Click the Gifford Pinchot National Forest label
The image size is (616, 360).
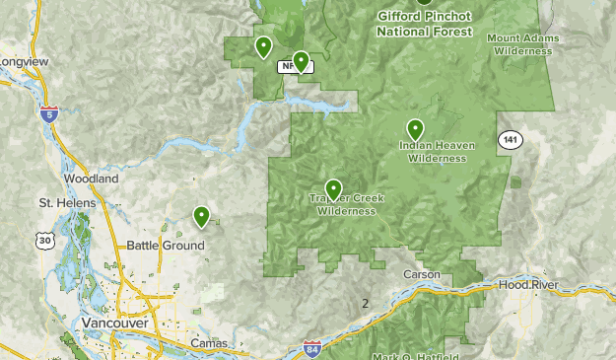424,24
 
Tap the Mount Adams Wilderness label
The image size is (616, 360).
523,44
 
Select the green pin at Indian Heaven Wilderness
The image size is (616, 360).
416,129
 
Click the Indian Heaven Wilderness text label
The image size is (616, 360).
437,152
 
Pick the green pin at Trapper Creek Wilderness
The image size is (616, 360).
333,189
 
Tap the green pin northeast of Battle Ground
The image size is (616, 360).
201,216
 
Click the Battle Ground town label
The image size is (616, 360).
166,246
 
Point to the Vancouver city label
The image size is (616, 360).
114,324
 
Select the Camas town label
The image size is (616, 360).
209,343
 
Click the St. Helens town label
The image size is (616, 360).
67,203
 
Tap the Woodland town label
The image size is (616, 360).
92,179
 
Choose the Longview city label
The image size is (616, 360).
24,61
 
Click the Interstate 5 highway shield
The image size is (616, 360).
48,115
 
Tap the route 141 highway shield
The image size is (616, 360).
509,139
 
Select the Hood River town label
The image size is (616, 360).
528,284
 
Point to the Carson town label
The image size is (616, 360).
420,273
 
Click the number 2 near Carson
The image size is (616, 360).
365,303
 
